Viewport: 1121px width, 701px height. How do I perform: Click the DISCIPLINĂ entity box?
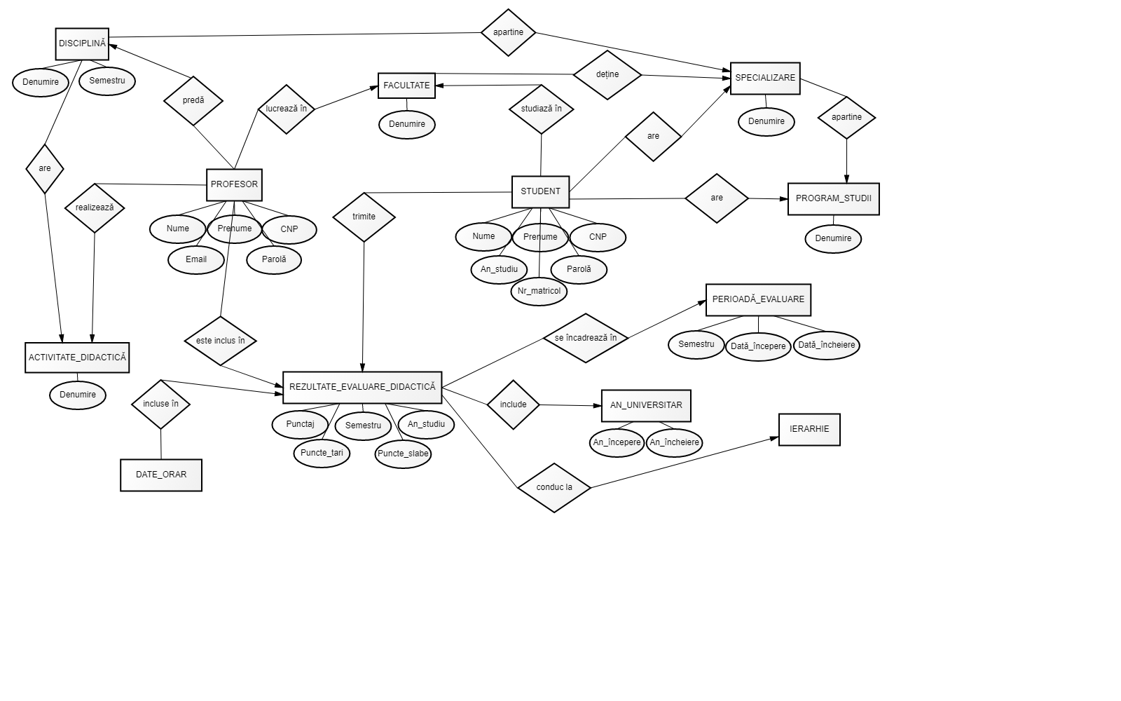tap(83, 43)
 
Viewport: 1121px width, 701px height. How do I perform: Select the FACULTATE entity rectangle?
tap(406, 86)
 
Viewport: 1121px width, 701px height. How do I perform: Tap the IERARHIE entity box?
tap(809, 429)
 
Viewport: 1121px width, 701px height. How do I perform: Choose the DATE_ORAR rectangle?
tap(161, 475)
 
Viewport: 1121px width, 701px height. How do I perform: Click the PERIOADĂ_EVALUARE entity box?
tap(758, 299)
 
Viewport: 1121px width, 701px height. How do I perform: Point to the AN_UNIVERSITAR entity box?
tap(646, 405)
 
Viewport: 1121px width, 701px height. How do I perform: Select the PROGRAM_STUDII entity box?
tap(833, 198)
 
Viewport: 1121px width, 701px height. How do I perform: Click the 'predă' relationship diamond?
tap(193, 100)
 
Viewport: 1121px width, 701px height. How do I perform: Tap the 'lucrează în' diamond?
tap(287, 109)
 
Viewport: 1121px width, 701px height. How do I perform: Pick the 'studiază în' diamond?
tap(542, 109)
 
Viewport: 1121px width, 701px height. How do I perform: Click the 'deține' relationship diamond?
tap(607, 74)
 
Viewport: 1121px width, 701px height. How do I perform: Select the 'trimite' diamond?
tap(364, 217)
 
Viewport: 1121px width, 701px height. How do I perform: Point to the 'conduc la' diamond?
tap(554, 487)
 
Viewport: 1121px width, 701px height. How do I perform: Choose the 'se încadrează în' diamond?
tap(586, 338)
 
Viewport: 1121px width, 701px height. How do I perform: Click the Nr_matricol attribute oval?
tap(539, 291)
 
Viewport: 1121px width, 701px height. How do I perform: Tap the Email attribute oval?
tap(196, 259)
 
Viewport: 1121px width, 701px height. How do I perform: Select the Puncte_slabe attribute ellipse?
tap(403, 454)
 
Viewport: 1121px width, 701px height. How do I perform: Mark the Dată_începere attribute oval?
tap(758, 346)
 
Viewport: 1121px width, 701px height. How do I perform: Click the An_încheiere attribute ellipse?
tap(674, 442)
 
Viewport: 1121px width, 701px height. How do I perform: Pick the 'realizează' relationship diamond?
tap(95, 207)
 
